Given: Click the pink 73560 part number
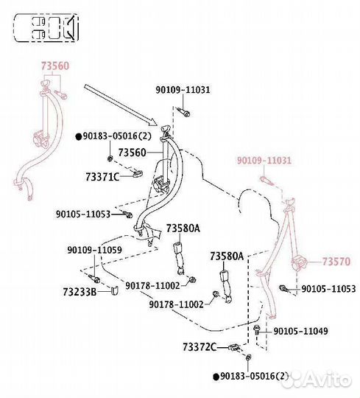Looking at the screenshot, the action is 55,66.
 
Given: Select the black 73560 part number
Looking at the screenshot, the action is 133,153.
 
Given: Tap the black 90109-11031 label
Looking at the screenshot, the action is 183,90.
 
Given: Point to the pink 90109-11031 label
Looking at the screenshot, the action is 264,161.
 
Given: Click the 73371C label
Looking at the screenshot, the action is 102,177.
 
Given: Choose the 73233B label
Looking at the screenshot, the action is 80,292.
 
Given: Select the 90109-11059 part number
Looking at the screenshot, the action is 94,250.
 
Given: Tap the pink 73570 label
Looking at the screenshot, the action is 336,262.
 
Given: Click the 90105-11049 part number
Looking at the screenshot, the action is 300,331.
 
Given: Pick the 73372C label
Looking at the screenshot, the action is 200,347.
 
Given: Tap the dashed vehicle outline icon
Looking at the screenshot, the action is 46,28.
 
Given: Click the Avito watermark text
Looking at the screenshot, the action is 328,380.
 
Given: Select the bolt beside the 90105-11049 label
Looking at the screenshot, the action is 256,330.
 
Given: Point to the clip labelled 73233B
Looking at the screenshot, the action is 115,291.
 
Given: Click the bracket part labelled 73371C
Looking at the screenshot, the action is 138,174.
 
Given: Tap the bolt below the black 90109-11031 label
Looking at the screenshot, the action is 184,112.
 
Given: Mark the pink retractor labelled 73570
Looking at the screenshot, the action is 299,263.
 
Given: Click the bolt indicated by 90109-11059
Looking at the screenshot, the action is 94,279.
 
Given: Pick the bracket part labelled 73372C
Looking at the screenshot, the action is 234,347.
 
